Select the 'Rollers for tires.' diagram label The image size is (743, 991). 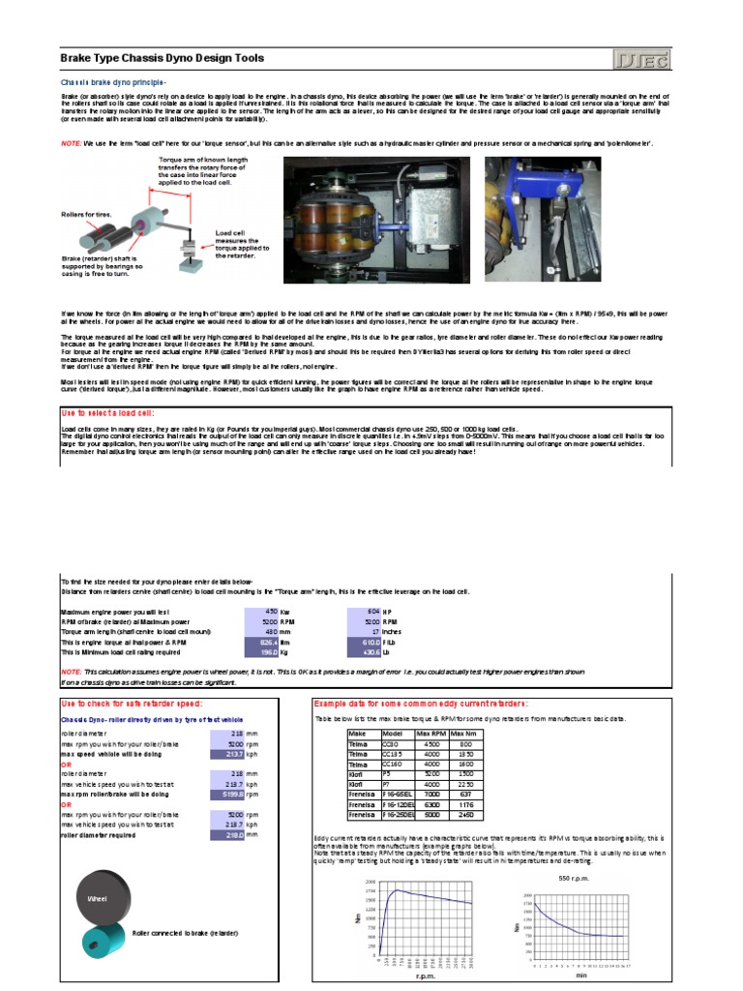(85, 206)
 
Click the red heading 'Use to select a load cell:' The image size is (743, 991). (108, 411)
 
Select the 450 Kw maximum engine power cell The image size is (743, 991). (258, 613)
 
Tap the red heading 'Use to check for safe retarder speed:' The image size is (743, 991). (131, 702)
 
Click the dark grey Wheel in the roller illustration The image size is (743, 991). (98, 899)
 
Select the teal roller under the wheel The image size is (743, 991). (104, 937)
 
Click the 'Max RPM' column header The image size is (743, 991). (430, 734)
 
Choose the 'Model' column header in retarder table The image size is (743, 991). (389, 734)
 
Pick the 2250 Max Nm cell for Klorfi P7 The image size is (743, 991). (465, 785)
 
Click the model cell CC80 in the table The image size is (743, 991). (389, 744)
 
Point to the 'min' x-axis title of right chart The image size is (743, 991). (581, 976)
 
